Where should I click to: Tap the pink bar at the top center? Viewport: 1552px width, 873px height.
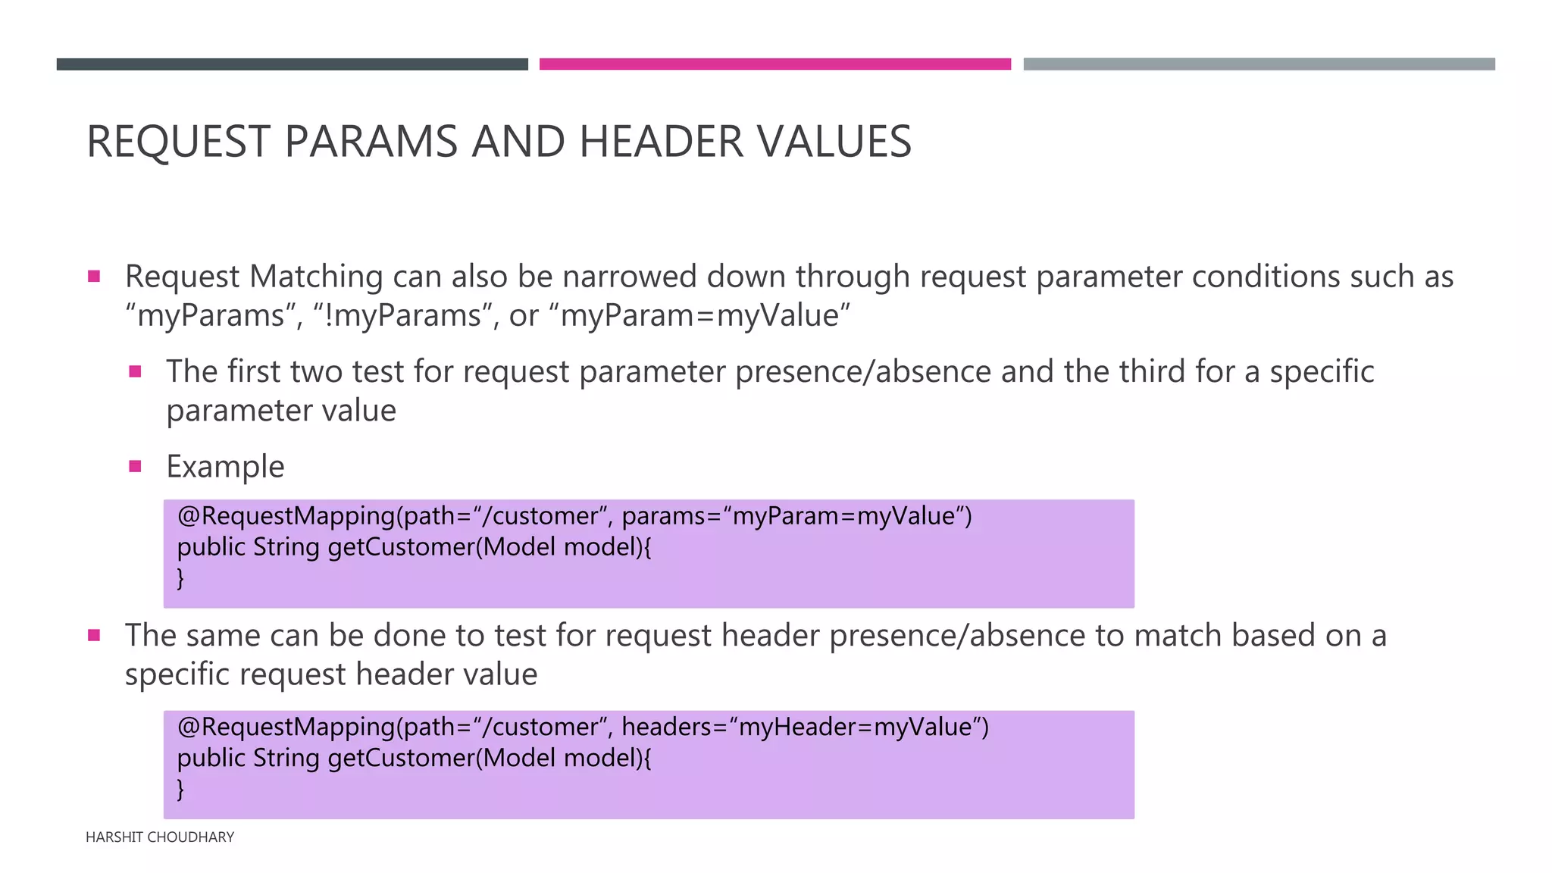coord(774,64)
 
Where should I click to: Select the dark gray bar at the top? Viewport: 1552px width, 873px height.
coord(292,64)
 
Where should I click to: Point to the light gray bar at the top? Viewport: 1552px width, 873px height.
coord(1259,64)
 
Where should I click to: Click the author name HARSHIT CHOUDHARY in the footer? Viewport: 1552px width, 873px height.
coord(160,837)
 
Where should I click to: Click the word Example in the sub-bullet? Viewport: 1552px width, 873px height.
coord(225,467)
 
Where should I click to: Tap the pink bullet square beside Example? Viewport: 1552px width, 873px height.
coord(136,467)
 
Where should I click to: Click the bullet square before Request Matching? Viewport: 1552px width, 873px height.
coord(94,277)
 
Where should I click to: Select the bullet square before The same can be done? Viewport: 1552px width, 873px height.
coord(94,635)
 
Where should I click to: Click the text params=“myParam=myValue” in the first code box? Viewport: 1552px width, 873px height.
coord(796,516)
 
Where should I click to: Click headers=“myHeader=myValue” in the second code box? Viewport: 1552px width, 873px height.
coord(804,727)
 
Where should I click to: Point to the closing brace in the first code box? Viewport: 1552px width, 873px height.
coord(180,578)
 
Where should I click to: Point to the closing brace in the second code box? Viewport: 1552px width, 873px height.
coord(180,790)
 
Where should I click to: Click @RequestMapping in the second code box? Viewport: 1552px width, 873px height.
coord(286,727)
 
